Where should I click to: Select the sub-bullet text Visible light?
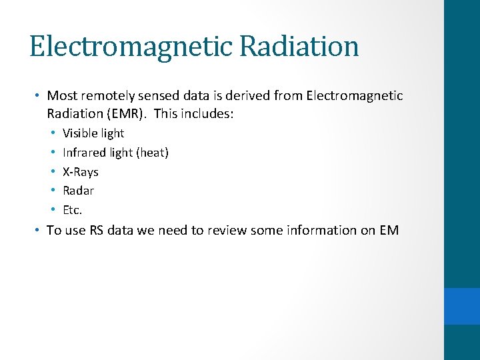pyautogui.click(x=93, y=133)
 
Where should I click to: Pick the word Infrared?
pyautogui.click(x=85, y=153)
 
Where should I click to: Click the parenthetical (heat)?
pyautogui.click(x=152, y=153)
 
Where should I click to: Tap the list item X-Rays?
pyautogui.click(x=80, y=172)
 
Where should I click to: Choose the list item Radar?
pyautogui.click(x=78, y=191)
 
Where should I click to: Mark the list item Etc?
pyautogui.click(x=72, y=210)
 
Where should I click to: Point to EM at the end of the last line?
pyautogui.click(x=389, y=231)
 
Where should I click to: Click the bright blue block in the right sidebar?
pyautogui.click(x=462, y=306)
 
